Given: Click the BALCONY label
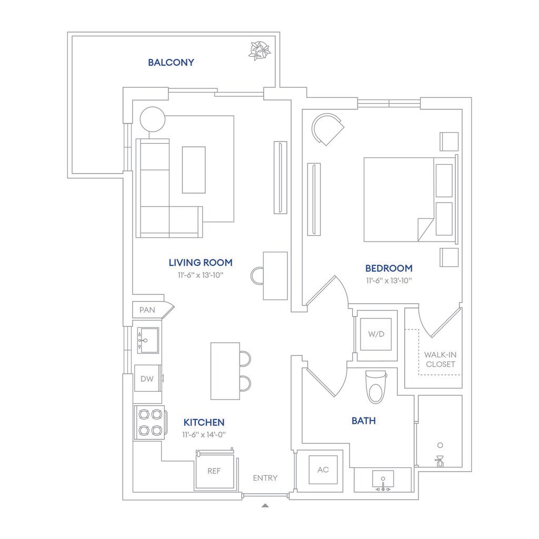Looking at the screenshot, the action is (x=171, y=63).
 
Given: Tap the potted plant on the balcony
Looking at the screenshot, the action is (x=259, y=51).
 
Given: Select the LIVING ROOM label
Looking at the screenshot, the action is (x=200, y=262).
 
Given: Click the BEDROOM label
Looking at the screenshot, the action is (x=388, y=268).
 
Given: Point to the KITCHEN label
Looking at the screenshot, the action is (x=204, y=422).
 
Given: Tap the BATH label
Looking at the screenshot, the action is (x=363, y=421).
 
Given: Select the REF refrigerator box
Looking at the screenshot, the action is (x=214, y=471).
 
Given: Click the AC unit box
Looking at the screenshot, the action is (x=323, y=469).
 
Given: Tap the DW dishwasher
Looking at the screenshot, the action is (x=147, y=378).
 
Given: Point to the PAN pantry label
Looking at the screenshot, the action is (x=147, y=310).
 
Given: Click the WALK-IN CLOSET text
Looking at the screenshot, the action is (x=440, y=360).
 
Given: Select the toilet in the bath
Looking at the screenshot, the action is (x=376, y=387).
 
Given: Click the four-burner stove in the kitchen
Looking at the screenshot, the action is (x=149, y=423).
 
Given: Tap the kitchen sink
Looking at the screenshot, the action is (x=148, y=340).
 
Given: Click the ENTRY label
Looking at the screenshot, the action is (x=265, y=478).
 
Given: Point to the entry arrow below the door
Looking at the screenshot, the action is (x=265, y=505).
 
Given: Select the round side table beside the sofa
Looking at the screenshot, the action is (x=153, y=119).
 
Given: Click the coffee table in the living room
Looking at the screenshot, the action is (x=194, y=169).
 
